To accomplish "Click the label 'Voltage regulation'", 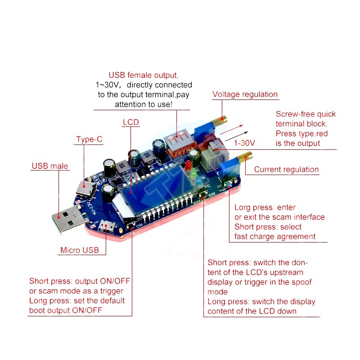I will coord(245,94).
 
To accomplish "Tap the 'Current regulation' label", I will coord(286,170).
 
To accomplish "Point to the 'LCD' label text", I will coord(130,122).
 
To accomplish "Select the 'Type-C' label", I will coord(89,139).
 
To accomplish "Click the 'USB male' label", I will coord(49,166).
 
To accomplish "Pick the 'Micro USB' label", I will coord(82,250).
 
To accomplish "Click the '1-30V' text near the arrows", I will coord(244,143).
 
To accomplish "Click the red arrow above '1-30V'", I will coord(232,130).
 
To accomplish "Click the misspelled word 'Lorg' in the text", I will coord(243,207).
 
